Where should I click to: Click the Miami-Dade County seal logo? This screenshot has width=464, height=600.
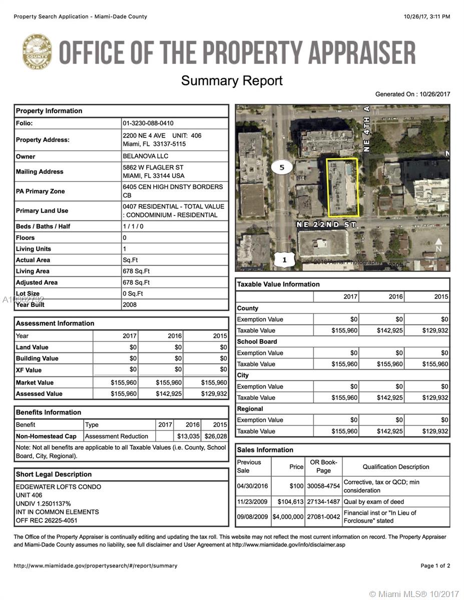click(37, 51)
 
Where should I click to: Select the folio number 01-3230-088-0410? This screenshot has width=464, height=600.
click(148, 123)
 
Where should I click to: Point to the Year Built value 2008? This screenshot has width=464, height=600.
click(129, 304)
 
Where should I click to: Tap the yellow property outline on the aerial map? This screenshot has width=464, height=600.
click(343, 187)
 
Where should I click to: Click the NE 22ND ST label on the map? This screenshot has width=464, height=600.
click(326, 224)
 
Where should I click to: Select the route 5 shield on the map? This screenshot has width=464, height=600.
click(282, 167)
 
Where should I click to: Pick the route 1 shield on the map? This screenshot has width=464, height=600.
click(284, 259)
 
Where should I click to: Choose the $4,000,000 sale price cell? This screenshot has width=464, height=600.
click(288, 516)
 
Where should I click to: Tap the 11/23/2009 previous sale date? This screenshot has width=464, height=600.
click(253, 501)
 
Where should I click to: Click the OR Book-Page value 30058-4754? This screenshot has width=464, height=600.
click(323, 485)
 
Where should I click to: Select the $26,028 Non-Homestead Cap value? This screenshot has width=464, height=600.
click(216, 436)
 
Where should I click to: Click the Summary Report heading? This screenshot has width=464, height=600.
click(232, 80)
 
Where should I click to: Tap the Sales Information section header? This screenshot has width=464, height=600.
click(265, 450)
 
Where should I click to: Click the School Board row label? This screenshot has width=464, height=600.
click(257, 341)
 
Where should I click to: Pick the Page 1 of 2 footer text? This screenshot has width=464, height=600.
click(435, 566)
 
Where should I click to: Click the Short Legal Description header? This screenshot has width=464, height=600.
click(54, 474)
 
